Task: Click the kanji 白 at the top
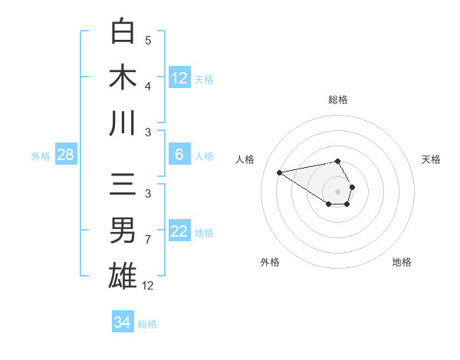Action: point(123,31)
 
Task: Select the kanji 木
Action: point(123,77)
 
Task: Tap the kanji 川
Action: point(123,123)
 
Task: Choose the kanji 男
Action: point(123,230)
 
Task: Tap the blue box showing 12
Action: point(179,78)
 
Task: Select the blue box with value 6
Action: point(179,155)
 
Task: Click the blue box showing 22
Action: point(179,231)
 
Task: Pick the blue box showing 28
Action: point(66,155)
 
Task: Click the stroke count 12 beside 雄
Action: point(148,286)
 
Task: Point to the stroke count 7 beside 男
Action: point(148,240)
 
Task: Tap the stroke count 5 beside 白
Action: point(148,41)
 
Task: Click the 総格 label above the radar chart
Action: point(338,100)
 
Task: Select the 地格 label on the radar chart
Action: point(402,262)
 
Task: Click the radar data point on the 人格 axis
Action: point(280,172)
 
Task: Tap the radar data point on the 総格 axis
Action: point(338,161)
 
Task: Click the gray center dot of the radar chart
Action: point(338,191)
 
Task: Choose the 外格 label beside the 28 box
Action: point(41,156)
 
